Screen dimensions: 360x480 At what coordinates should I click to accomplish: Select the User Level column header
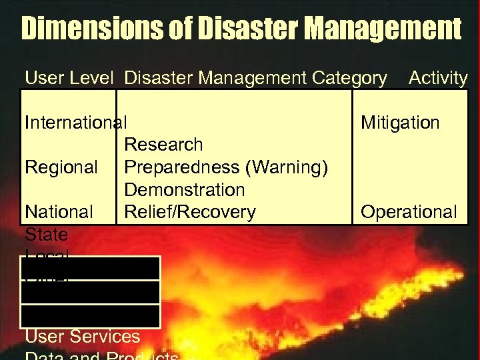68,78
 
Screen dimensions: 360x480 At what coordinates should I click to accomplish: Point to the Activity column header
438,78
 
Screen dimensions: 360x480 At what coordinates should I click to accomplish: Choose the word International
75,123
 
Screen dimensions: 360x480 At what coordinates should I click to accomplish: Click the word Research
163,145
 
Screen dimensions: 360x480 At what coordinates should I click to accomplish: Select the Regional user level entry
61,167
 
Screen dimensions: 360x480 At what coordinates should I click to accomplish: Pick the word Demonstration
185,190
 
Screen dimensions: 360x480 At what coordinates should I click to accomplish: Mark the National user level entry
59,212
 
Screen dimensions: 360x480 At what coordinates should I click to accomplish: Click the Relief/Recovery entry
190,212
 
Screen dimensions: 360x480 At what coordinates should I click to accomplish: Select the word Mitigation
400,123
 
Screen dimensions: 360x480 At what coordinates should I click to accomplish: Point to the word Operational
409,212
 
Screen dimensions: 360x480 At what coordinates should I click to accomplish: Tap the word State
46,235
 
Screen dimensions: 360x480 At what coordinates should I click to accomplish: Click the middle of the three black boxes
91,292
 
